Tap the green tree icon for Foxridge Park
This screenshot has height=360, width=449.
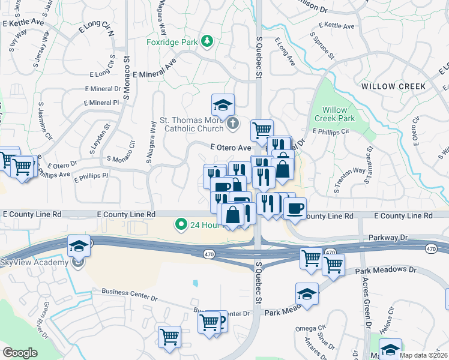[207, 41]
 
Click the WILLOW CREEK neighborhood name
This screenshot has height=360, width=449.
[394, 86]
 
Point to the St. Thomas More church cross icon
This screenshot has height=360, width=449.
[234, 124]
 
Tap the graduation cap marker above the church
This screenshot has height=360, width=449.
[223, 106]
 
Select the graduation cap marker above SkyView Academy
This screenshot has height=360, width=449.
[79, 246]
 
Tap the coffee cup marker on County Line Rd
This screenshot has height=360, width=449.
[294, 209]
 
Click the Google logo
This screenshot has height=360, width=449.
[20, 352]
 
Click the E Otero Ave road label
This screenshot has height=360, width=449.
[230, 148]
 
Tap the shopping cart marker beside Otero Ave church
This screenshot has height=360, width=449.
[262, 129]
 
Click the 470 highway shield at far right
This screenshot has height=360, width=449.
[431, 248]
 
